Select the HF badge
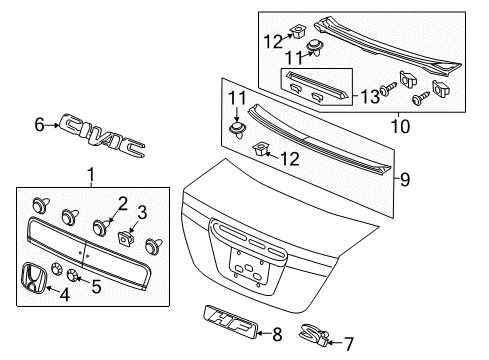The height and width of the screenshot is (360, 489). pos(230,322)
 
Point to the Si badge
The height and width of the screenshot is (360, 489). pos(314,335)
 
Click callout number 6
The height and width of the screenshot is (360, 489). pos(39,125)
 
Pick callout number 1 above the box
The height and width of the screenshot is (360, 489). pos(91,175)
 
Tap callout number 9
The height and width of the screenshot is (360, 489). pos(405,180)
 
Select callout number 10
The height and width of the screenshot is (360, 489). pos(400,127)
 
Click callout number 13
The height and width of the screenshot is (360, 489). pos(370,96)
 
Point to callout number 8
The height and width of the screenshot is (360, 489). pos(277,334)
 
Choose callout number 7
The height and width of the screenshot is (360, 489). pos(348,344)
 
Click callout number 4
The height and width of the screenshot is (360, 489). pos(64,295)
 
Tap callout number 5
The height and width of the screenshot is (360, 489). pos(96,286)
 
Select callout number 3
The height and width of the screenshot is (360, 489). pos(142,212)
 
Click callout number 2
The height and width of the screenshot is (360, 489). pos(123,204)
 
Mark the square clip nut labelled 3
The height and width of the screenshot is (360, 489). pos(125,239)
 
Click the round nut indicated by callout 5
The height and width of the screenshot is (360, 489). pos(72,275)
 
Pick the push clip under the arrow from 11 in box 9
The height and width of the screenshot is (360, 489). pos(237,130)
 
